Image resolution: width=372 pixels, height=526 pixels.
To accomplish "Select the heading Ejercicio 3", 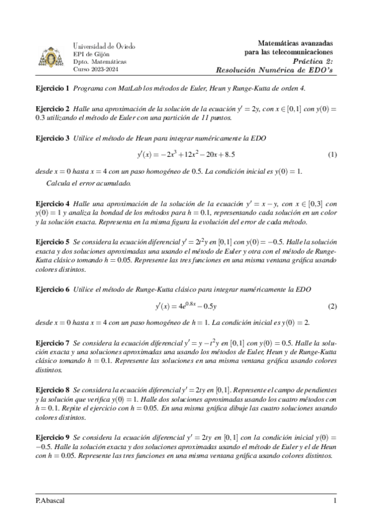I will [52, 138].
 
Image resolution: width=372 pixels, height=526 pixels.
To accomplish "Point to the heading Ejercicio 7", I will [52, 342].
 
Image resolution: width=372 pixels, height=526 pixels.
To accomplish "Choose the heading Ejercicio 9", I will [52, 437].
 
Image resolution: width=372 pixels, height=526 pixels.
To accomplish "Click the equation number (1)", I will [332, 154].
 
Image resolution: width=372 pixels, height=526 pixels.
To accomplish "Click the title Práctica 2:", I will [312, 62].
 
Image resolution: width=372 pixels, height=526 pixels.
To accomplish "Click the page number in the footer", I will [335, 500].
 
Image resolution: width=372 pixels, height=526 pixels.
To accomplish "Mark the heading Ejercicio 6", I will [52, 290].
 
